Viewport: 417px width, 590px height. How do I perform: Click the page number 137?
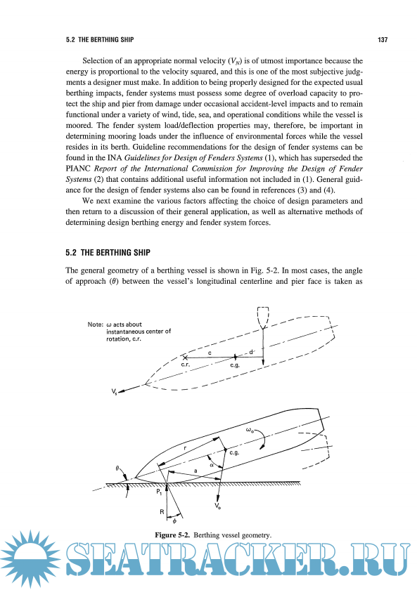(x=383, y=39)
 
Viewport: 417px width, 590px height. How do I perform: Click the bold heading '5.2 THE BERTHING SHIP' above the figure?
(x=108, y=252)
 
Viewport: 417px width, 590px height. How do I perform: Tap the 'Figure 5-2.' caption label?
(x=172, y=535)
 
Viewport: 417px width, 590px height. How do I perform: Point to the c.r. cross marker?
(x=185, y=357)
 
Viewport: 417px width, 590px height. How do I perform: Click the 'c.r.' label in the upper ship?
(x=185, y=365)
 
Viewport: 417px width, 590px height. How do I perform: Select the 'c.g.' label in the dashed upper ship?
(x=235, y=365)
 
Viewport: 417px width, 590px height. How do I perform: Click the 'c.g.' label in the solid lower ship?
(x=234, y=452)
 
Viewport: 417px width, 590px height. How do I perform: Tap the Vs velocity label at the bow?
(x=114, y=392)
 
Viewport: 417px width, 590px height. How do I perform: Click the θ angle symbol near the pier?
(x=117, y=468)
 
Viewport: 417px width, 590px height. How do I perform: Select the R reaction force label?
(x=162, y=512)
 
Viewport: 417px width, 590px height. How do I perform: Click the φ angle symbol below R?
(x=174, y=521)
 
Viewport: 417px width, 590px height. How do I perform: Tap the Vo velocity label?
(x=218, y=506)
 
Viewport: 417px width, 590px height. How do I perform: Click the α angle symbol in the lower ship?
(x=212, y=465)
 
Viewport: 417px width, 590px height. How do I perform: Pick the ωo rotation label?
(x=250, y=430)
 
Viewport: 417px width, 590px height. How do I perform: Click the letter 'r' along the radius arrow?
(x=185, y=448)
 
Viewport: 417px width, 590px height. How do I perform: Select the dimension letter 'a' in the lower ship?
(x=195, y=471)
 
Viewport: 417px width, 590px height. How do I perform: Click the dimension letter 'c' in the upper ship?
(x=210, y=353)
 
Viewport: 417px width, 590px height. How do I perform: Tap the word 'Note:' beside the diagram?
(x=96, y=324)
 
